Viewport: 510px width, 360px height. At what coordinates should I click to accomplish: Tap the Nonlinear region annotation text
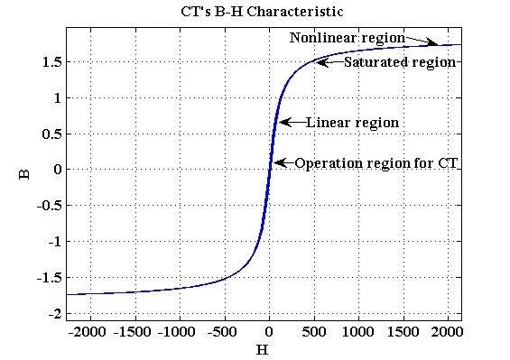(x=346, y=38)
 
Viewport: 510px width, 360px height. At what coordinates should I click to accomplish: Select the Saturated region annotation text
(x=400, y=62)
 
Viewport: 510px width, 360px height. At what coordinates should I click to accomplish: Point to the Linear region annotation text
(x=352, y=122)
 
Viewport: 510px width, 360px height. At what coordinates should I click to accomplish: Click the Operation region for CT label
(x=376, y=163)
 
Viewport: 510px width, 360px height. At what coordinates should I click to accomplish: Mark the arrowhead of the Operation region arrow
(x=276, y=163)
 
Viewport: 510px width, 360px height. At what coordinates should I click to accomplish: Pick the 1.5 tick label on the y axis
(x=51, y=61)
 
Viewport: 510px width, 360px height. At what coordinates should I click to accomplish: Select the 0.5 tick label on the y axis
(x=51, y=134)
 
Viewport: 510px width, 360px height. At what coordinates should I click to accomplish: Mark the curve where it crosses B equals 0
(x=269, y=170)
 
